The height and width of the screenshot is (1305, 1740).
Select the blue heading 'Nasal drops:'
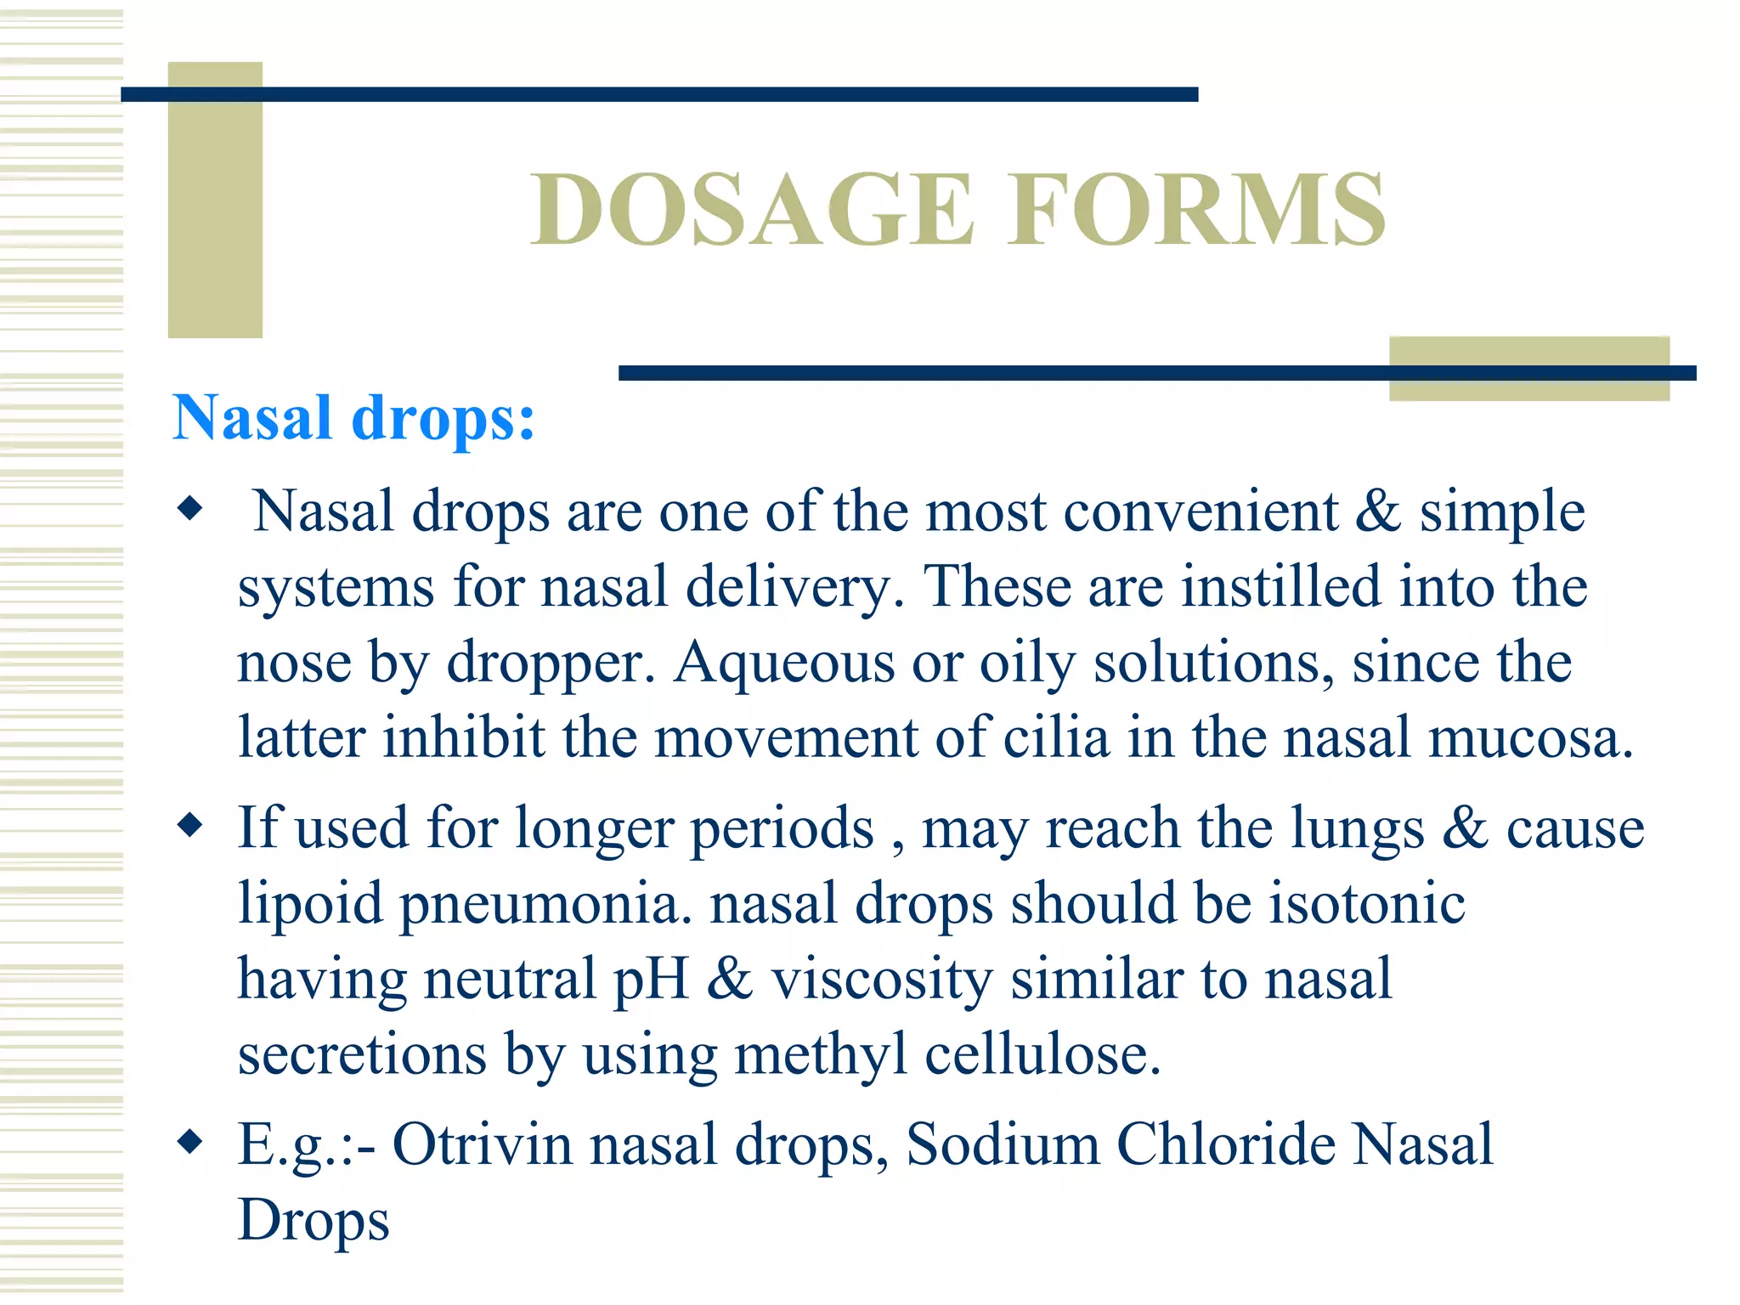point(353,418)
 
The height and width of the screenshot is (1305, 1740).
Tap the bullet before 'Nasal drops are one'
point(190,509)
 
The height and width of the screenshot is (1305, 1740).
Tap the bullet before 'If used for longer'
point(190,825)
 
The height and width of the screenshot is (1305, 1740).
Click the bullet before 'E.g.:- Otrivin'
point(190,1142)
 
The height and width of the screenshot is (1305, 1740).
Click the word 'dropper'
point(551,664)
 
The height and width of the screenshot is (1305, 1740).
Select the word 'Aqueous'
point(783,664)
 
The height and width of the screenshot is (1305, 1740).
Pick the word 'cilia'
point(1056,737)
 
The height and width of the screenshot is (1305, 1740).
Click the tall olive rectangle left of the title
point(215,200)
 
